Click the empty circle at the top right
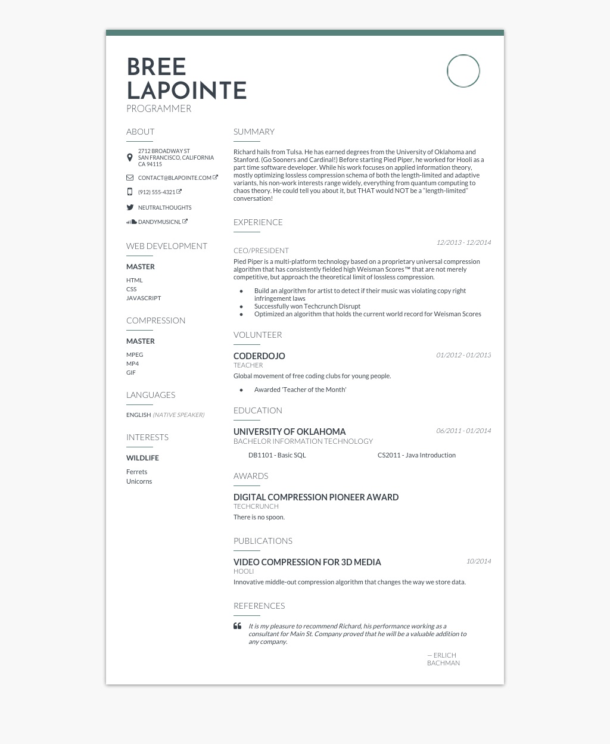[x=463, y=71]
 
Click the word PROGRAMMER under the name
[x=158, y=108]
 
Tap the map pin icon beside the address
[x=130, y=158]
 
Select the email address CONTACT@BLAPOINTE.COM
[x=175, y=178]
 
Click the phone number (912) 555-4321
[x=157, y=192]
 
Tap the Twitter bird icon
[x=130, y=207]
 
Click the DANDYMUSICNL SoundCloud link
[x=160, y=222]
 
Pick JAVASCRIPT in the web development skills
[x=144, y=298]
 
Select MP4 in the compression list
[x=132, y=363]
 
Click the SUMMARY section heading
[x=254, y=132]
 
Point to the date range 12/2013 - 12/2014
[x=463, y=242]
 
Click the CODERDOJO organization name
[x=259, y=356]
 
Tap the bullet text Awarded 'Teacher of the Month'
[x=300, y=390]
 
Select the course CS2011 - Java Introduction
[x=416, y=455]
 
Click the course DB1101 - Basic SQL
[x=277, y=455]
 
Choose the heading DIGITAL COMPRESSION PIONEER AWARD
[x=316, y=497]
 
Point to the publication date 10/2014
[x=478, y=561]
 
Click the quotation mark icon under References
[x=237, y=626]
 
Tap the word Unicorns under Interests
[x=139, y=481]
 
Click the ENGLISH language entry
[x=138, y=415]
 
